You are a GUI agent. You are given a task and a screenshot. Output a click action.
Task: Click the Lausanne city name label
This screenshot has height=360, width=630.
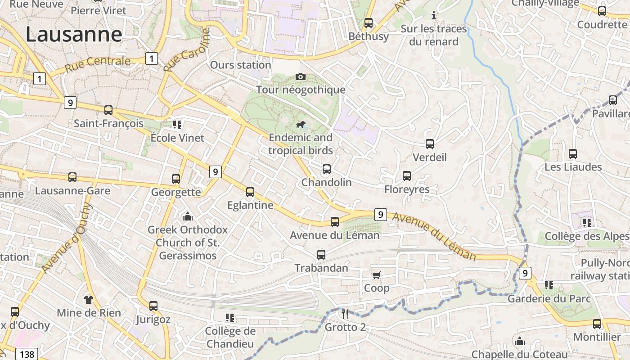[x=74, y=34]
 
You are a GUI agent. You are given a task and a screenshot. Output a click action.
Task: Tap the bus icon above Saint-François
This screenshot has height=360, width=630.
[x=108, y=110]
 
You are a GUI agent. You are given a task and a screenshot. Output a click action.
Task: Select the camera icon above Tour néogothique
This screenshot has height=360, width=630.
[x=301, y=77]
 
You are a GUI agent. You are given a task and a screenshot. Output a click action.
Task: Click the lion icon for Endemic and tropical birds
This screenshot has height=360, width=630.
[x=301, y=125]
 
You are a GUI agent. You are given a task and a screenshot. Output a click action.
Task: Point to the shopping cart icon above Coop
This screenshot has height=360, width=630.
[x=377, y=275]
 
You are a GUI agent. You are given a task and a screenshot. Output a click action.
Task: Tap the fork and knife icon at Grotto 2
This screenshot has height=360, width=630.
[x=345, y=314]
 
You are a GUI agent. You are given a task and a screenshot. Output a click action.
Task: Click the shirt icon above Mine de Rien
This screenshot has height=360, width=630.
[x=89, y=299]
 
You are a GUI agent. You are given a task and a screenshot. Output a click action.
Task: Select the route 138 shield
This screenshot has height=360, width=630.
[x=27, y=354]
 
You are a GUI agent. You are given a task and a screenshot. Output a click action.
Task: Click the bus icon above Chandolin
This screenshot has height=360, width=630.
[x=327, y=169]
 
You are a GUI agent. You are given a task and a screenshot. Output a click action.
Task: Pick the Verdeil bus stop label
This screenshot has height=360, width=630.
[x=430, y=157]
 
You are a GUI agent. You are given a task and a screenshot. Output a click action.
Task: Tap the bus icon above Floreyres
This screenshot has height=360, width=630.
[x=407, y=176]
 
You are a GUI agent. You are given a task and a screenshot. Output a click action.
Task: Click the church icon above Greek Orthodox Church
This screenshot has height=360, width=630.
[x=188, y=217]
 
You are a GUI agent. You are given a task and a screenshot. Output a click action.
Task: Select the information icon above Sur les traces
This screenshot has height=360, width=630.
[x=434, y=16]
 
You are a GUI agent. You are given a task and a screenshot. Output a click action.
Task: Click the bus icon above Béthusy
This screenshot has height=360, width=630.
[x=369, y=23]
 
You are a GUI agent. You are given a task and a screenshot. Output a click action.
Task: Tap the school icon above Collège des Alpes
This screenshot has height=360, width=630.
[x=587, y=222]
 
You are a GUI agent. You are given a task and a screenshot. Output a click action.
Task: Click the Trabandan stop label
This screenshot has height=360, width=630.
[x=321, y=268]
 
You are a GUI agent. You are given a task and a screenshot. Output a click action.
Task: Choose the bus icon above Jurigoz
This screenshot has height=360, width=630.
[x=153, y=306]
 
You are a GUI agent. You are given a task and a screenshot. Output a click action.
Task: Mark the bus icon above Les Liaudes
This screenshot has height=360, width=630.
[x=573, y=154]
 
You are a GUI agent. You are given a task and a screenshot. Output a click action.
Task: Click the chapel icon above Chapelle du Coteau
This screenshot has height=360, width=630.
[x=520, y=341]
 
